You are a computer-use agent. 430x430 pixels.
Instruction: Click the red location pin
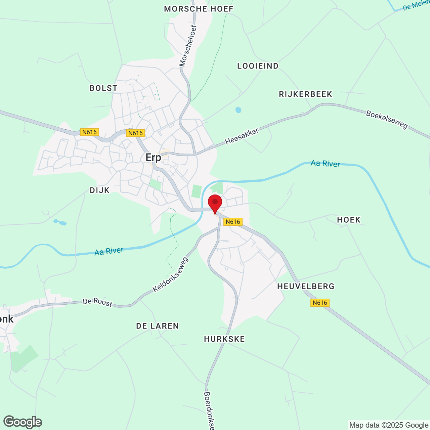pos(215,203)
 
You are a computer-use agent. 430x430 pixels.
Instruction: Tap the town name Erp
pos(153,157)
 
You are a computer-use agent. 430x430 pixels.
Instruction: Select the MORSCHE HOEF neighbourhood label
pos(199,9)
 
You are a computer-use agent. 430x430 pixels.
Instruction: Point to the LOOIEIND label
pos(258,66)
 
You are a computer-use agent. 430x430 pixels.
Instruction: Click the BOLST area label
pos(103,88)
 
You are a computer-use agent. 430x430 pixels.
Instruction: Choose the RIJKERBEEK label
pos(305,94)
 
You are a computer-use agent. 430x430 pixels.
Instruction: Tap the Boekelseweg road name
pos(387,120)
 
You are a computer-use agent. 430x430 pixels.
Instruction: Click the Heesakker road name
pos(242,136)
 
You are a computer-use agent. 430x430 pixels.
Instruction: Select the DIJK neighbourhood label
pos(100,190)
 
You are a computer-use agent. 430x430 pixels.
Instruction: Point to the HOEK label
pos(349,220)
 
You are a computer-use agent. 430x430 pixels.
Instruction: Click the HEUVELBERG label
pos(306,286)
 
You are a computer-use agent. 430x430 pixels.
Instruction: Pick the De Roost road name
pos(97,302)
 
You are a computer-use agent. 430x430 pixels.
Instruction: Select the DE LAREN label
pos(157,326)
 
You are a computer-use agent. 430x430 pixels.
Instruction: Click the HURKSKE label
pos(224,339)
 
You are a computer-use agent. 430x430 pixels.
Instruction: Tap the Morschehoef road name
pos(188,46)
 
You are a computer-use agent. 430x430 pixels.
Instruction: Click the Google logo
pos(23,422)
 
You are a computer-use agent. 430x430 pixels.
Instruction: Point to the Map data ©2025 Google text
pos(389,425)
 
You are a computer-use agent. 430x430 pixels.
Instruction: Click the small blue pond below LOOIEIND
pos(238,110)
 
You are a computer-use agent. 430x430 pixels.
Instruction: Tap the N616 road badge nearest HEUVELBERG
pos(319,303)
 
